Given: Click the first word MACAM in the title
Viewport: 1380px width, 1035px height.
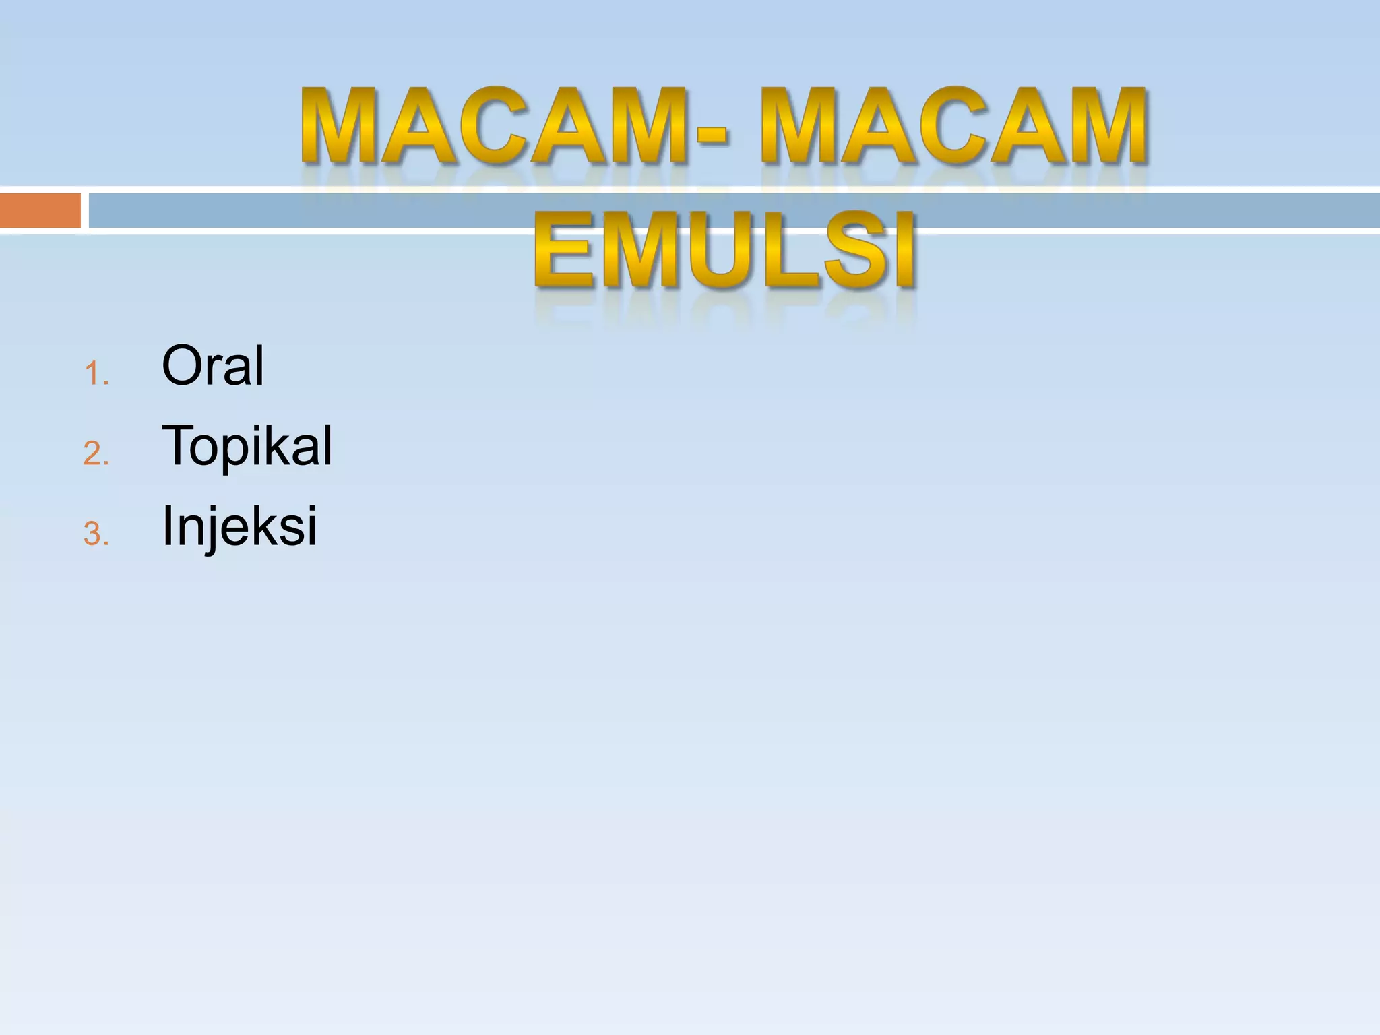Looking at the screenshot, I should [x=495, y=126].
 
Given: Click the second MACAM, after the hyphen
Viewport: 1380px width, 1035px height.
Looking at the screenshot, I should [x=954, y=126].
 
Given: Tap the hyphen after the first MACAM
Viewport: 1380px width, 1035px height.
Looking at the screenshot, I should [x=712, y=135].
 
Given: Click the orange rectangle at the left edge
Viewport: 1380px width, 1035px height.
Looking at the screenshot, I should [x=40, y=210].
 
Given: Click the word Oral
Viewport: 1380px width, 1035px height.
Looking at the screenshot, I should [x=213, y=366].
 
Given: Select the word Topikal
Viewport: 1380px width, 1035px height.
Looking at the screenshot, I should [x=247, y=445].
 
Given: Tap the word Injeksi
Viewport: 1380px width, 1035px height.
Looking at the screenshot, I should [x=239, y=526].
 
